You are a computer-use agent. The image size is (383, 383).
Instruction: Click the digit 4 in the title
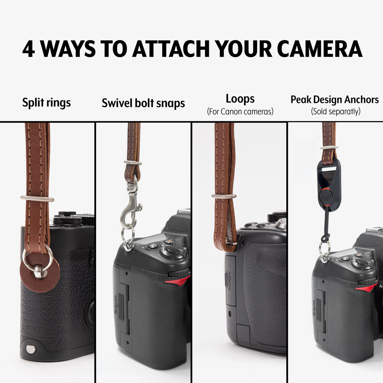(28, 49)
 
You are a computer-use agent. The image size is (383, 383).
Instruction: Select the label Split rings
(46, 103)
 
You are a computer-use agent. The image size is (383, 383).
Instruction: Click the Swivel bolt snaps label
(143, 103)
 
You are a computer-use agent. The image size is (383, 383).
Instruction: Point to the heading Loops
(240, 99)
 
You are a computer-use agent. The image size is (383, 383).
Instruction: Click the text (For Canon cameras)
(240, 112)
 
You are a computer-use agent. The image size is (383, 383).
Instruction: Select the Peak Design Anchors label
(334, 100)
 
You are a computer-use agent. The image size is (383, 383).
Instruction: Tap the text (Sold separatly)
(335, 112)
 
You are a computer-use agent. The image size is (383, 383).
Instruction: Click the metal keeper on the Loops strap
(224, 196)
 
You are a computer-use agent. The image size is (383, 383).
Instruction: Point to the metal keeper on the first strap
(37, 198)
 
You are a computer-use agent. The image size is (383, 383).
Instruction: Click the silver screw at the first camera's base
(31, 349)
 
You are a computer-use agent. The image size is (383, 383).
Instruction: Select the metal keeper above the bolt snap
(133, 163)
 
